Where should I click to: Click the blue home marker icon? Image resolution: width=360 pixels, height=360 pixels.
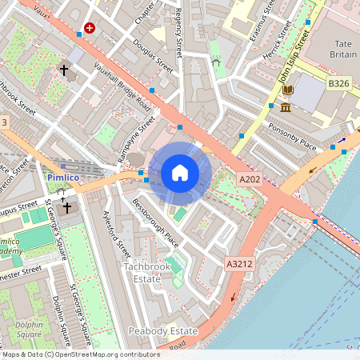180,172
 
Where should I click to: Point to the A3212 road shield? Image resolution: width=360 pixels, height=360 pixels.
239,263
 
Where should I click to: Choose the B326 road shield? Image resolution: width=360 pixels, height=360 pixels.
339,82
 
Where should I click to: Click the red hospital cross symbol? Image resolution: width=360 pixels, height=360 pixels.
89,27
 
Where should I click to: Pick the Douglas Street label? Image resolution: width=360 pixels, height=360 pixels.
153,55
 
